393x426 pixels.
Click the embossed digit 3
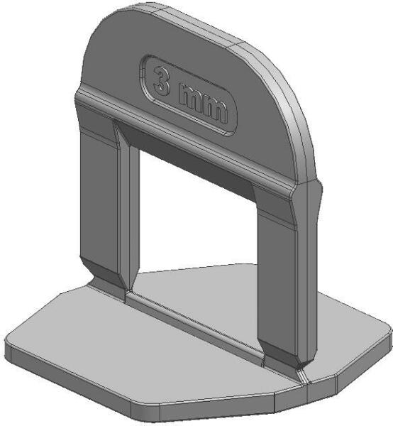(x=162, y=81)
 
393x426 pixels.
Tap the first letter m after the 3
(x=191, y=98)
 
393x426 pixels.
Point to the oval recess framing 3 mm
(x=188, y=95)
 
